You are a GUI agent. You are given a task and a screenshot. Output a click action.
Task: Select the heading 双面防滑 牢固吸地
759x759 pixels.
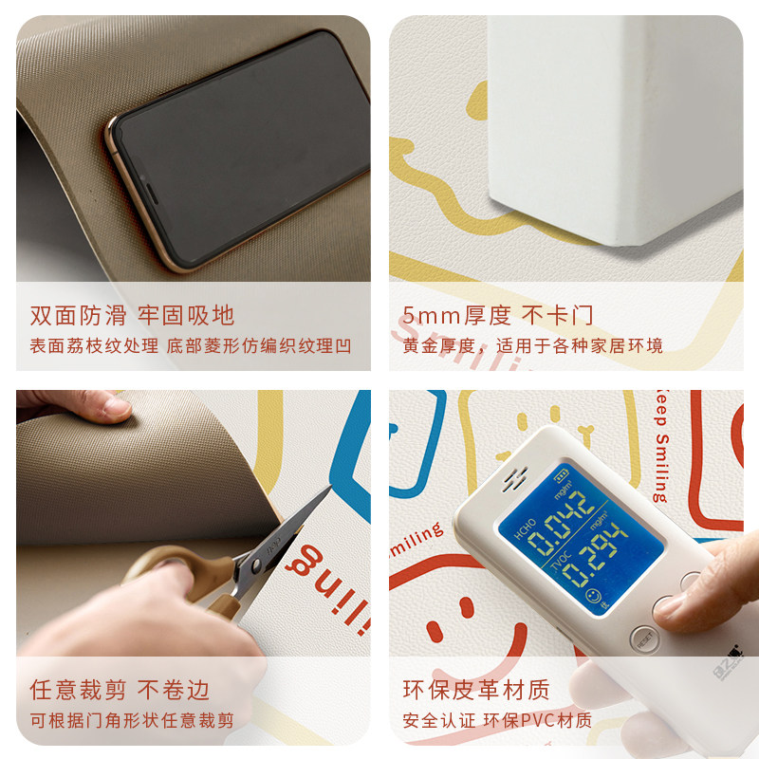132,315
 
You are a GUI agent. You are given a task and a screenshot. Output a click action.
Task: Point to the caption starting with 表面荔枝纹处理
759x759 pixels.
191,345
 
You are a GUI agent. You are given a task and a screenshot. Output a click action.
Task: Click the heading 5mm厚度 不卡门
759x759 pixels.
498,315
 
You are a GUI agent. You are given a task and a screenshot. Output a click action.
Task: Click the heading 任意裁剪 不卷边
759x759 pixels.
120,689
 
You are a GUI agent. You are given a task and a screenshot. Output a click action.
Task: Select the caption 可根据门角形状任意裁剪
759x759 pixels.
132,720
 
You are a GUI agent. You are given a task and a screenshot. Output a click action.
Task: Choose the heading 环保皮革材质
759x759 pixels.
475,689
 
